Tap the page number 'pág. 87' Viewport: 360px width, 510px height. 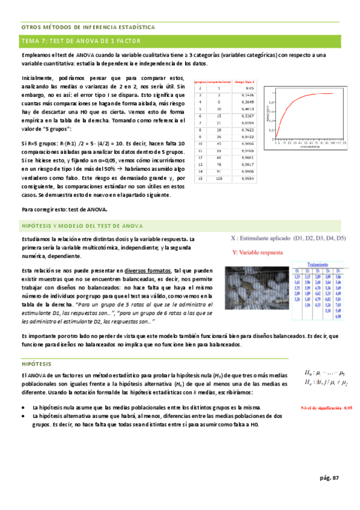coord(329,478)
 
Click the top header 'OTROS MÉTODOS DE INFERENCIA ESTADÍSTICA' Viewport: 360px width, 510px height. coord(88,28)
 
